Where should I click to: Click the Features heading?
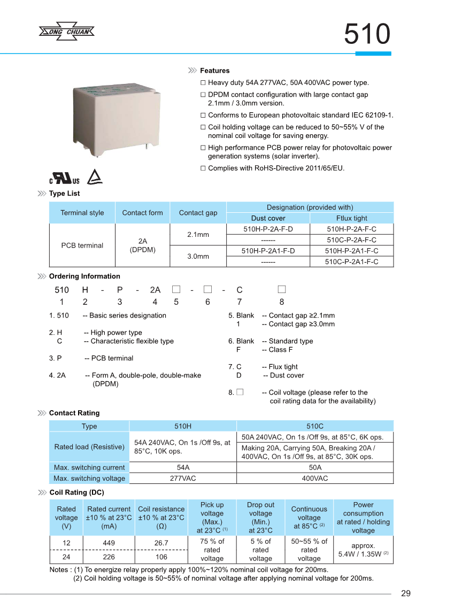point(214,71)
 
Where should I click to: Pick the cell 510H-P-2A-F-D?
point(268,229)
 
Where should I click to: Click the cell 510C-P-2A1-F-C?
point(352,261)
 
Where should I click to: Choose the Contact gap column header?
point(198,213)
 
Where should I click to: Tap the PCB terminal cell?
point(82,245)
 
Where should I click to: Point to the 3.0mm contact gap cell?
point(198,256)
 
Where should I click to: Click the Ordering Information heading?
point(84,276)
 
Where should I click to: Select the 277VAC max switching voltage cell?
point(183,479)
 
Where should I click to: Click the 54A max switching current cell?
point(183,468)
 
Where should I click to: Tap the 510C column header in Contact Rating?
point(314,426)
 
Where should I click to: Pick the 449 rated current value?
point(109,543)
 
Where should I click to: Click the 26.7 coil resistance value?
point(161,543)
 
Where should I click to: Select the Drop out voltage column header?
point(260,517)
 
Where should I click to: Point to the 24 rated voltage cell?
point(66,557)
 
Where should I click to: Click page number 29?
point(405,594)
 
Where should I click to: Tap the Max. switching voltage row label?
point(89,479)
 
